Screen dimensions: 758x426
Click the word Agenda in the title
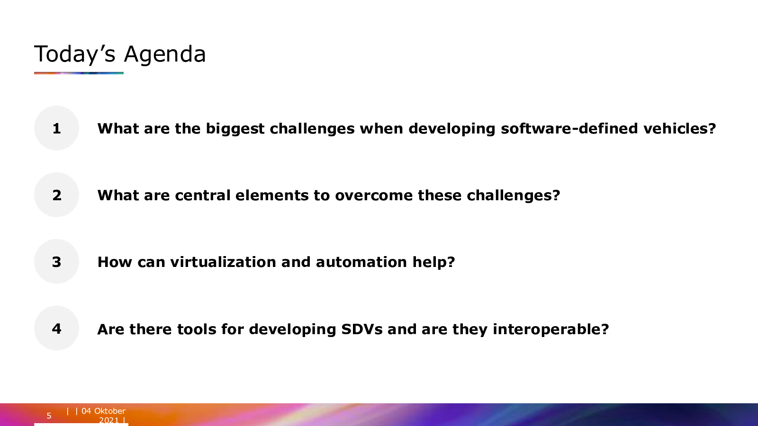(x=165, y=55)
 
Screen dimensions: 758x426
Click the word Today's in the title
(x=75, y=54)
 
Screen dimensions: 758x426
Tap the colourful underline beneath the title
(x=79, y=73)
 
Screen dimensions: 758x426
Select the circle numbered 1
(x=56, y=128)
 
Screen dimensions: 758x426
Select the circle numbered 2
(x=56, y=195)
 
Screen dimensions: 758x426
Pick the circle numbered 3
(x=56, y=261)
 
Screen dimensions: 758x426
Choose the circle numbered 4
(x=56, y=328)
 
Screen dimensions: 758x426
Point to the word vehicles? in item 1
(x=679, y=128)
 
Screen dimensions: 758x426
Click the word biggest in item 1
(x=235, y=129)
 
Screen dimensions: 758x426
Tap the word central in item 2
(x=203, y=195)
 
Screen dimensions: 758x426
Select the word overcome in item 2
(x=374, y=196)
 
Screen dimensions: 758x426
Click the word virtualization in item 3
(x=223, y=262)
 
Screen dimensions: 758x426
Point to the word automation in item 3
(x=361, y=262)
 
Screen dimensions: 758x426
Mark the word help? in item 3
(x=433, y=263)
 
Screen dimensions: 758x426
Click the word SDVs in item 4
(x=362, y=329)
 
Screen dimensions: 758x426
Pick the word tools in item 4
(x=197, y=329)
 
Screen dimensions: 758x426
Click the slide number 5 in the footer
(x=49, y=416)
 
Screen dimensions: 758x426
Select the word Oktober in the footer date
(x=109, y=411)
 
